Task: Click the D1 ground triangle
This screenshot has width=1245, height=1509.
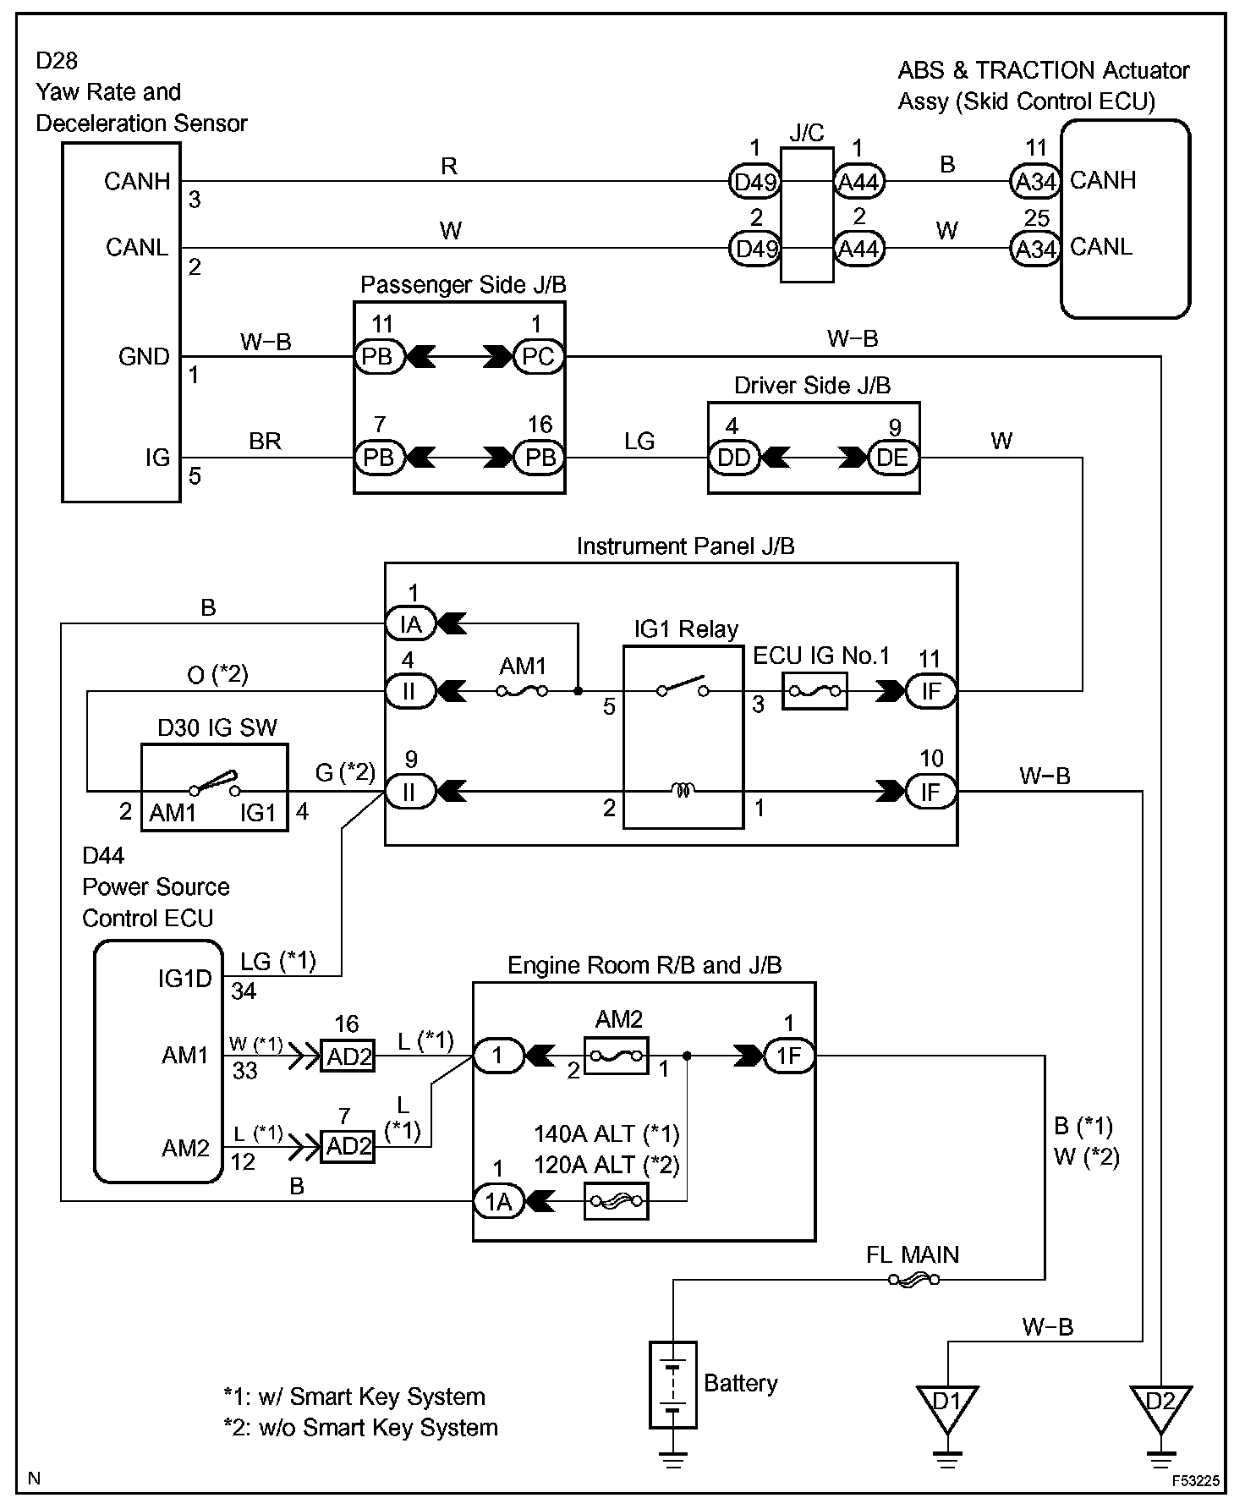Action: [947, 1408]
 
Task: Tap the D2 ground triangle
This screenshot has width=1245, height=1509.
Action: [1160, 1408]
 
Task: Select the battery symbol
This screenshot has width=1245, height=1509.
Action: [672, 1385]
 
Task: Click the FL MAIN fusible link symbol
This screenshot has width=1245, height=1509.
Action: [913, 1280]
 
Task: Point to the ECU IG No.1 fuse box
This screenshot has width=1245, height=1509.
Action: [814, 691]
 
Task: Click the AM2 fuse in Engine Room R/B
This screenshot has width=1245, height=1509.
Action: [617, 1056]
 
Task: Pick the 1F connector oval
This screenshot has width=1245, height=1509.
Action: [788, 1056]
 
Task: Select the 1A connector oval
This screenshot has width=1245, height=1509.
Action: [498, 1200]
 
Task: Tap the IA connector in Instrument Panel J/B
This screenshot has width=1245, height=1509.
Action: [410, 623]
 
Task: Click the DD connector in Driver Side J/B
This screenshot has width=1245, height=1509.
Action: [733, 458]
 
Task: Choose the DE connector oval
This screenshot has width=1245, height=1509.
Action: [893, 458]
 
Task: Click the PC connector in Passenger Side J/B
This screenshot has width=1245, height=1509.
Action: [539, 356]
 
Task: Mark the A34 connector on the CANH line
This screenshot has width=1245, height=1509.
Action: [1035, 181]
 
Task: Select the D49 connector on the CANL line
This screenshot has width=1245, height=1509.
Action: [754, 249]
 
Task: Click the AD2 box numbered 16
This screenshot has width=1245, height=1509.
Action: [348, 1056]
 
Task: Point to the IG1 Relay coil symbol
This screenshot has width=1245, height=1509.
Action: [683, 791]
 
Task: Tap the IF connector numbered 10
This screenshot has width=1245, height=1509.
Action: [930, 792]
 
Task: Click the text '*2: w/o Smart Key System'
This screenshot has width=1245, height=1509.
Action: [361, 1428]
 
